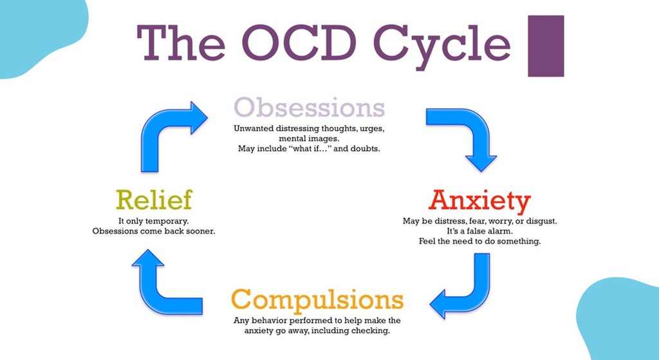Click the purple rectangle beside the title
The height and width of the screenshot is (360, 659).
[546, 46]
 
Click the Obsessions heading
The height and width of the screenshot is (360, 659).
[310, 108]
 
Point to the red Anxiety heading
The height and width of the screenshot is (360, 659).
[479, 200]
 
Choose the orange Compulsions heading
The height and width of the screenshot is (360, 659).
[317, 300]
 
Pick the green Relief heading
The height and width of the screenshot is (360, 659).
[154, 200]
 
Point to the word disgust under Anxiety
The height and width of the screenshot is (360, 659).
[541, 221]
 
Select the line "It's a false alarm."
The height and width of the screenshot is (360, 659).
[479, 231]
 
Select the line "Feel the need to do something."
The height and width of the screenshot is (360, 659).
[479, 242]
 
